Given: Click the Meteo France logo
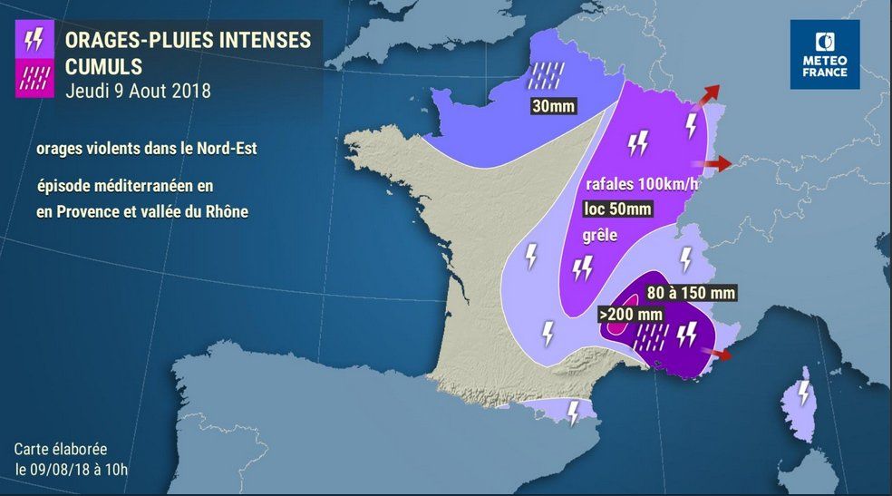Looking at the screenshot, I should (x=825, y=54).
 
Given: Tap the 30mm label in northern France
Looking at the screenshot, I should (x=553, y=106).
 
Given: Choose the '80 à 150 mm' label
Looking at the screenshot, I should (x=691, y=293).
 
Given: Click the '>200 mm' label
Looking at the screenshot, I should (x=631, y=314).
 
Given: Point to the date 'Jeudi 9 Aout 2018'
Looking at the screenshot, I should (x=139, y=92).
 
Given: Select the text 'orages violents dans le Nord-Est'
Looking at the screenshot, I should (x=147, y=148).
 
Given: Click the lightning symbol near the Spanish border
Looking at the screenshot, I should (x=573, y=413).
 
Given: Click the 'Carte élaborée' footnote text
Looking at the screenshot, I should (x=60, y=450).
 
